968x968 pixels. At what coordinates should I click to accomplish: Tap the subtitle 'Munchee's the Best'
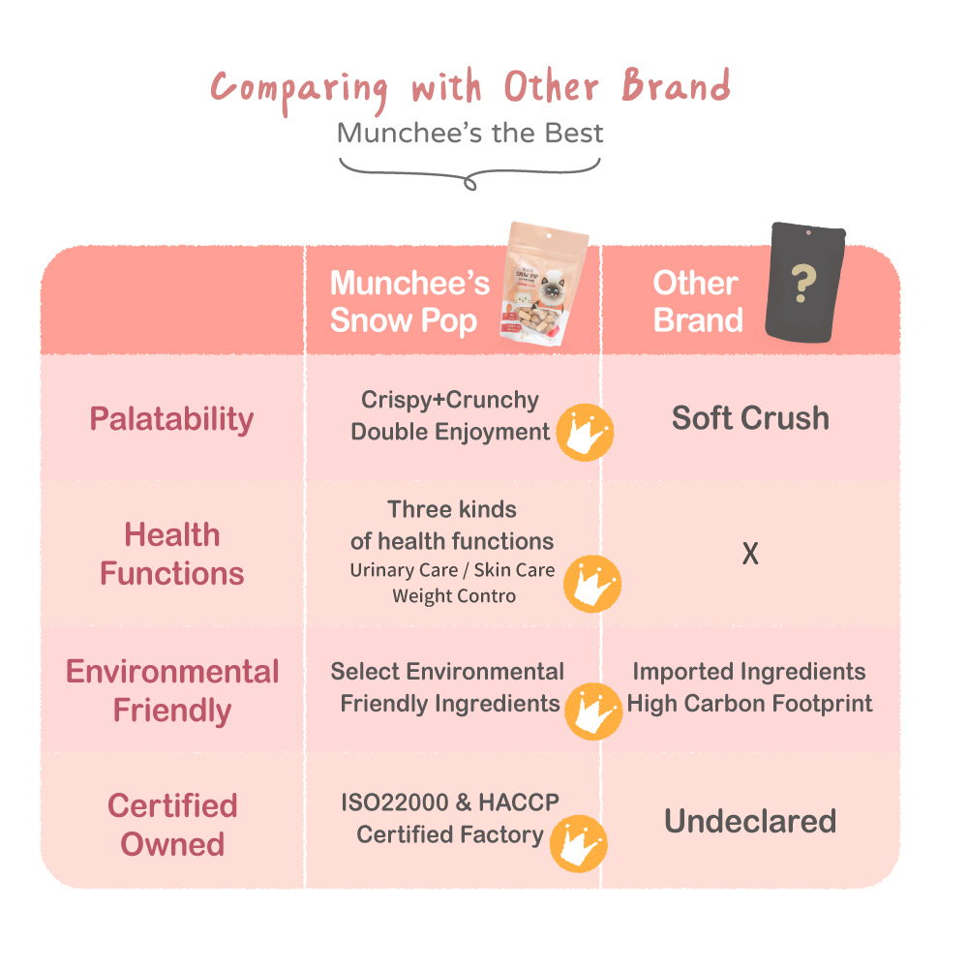470,133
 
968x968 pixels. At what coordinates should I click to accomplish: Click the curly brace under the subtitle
469,172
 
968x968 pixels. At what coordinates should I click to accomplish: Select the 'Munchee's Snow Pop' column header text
409,302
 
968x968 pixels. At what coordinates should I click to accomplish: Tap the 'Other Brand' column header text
697,302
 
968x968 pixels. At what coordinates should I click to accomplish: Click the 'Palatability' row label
171,419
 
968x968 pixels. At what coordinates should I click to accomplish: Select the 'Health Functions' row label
171,554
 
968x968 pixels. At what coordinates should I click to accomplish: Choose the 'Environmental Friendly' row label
171,691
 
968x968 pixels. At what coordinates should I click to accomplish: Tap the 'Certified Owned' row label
171,825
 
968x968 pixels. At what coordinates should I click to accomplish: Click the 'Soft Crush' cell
750,418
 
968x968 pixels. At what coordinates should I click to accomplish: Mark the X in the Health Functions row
750,555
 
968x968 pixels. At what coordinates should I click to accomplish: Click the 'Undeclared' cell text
750,822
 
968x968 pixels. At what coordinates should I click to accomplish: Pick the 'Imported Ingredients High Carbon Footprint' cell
750,687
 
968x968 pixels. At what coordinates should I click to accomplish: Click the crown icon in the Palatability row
585,433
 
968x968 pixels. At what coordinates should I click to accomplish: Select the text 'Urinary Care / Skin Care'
452,570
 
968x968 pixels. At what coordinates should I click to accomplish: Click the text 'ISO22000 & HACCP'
450,803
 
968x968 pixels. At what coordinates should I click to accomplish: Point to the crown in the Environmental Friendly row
592,710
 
